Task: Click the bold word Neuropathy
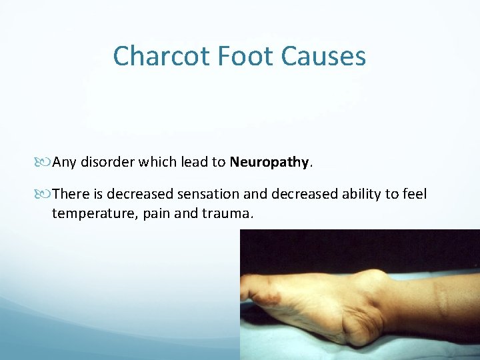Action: pos(269,162)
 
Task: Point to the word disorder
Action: pos(107,162)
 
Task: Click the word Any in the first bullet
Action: pos(65,162)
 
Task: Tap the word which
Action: pos(156,162)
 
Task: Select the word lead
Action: pos(191,162)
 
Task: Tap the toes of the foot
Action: pos(257,290)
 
